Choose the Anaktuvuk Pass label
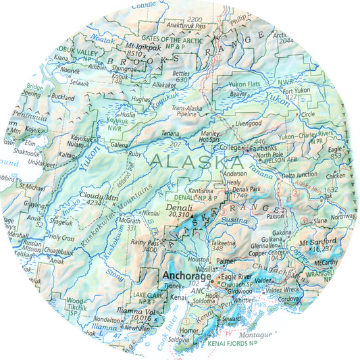[x=186, y=26]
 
